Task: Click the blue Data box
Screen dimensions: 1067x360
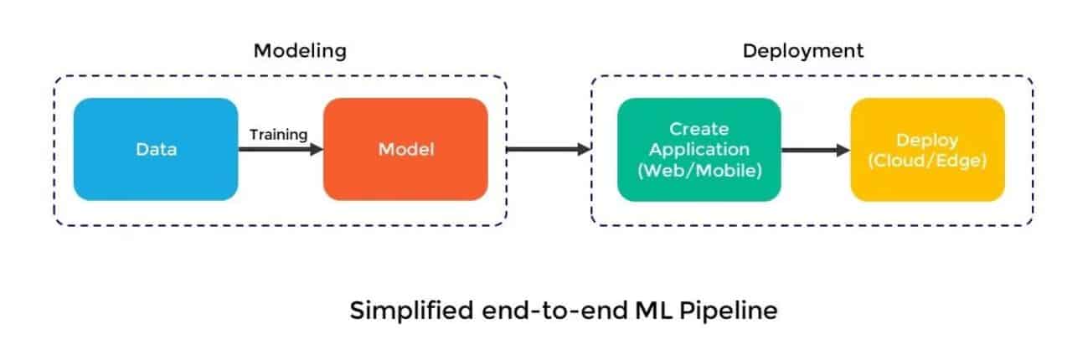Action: pos(156,149)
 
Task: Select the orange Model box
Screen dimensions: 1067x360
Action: pos(405,149)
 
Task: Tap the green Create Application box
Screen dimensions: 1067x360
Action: pos(699,150)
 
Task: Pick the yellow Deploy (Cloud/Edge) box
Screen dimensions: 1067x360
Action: pos(927,150)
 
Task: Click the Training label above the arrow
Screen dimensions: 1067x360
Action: pos(279,135)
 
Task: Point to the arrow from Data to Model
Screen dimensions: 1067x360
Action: pos(281,150)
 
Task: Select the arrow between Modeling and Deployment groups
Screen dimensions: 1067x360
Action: pos(549,150)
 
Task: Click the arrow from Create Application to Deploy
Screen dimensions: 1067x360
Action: pos(816,151)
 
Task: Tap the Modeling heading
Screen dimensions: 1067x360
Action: pos(300,51)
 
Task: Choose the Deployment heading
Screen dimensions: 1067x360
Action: pos(803,51)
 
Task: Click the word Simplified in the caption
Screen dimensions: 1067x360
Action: pos(411,311)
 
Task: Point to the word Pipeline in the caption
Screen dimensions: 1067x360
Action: pos(729,311)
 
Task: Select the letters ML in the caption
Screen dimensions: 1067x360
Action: pos(653,311)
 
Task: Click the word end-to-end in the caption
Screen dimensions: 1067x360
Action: pos(554,311)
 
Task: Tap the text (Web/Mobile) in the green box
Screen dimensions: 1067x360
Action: pos(699,171)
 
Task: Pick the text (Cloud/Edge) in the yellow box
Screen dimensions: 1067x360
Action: pos(927,161)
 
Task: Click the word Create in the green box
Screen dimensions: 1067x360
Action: pos(699,129)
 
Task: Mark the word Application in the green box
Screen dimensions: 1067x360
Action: pos(699,150)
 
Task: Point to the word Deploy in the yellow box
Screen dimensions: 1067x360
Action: pos(927,141)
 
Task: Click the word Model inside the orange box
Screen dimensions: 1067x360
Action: pos(406,150)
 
